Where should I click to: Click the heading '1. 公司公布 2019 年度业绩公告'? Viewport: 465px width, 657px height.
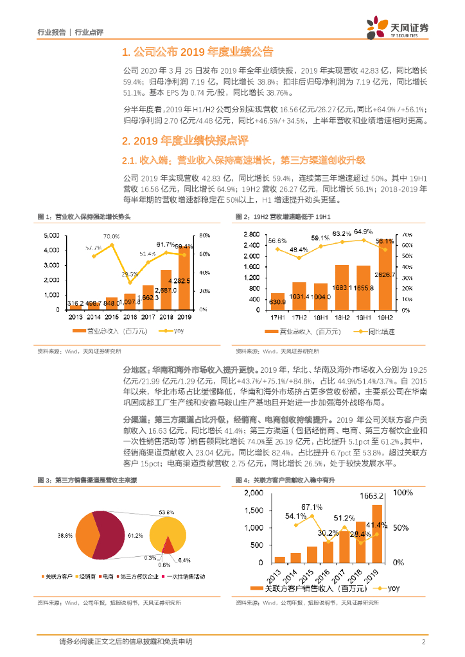click(197, 52)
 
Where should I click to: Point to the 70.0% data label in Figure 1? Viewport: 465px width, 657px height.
click(111, 236)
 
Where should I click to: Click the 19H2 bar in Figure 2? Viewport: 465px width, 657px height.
click(385, 275)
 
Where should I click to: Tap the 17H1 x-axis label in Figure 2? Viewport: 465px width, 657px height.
click(277, 317)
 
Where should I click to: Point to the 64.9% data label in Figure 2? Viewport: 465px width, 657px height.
click(363, 232)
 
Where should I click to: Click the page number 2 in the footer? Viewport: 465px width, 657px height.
click(423, 642)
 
